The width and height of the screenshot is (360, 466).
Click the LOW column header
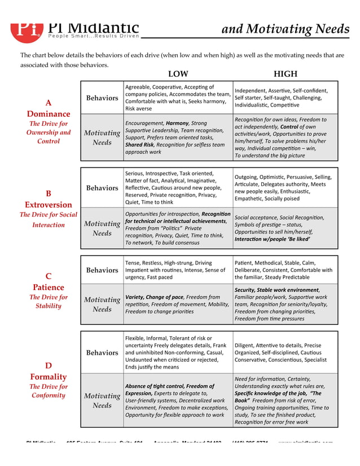[178, 74]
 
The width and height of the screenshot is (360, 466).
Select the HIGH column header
[285, 74]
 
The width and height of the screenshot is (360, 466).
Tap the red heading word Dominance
[49, 113]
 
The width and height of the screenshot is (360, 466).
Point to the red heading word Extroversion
[49, 204]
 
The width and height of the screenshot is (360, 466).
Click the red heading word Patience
[49, 287]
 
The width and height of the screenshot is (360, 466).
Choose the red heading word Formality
[49, 376]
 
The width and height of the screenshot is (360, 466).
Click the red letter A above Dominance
[49, 103]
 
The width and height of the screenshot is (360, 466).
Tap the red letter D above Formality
[49, 366]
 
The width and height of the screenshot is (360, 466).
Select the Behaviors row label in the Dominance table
[102, 98]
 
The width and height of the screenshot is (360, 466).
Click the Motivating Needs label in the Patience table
[102, 304]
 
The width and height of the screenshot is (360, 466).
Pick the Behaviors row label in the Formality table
[102, 353]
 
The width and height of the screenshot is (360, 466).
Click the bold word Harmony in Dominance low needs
[177, 122]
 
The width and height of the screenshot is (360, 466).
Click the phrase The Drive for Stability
[49, 301]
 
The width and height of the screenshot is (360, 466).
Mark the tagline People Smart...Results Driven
[93, 36]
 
